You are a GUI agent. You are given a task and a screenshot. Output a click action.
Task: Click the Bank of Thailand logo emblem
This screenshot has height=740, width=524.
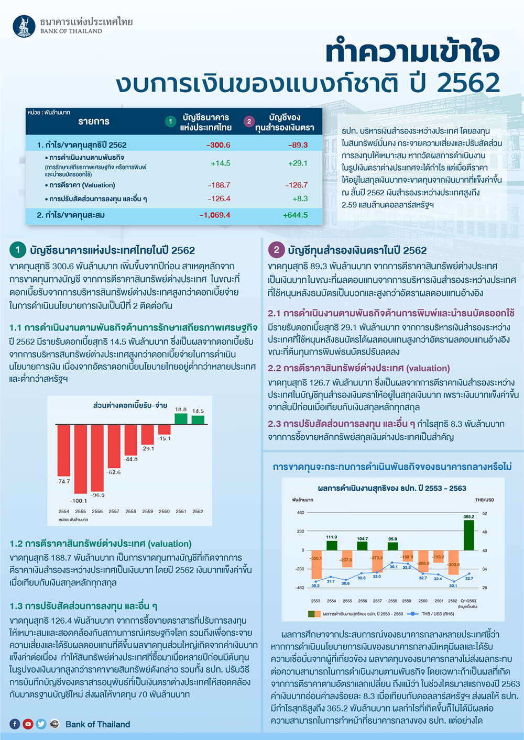24,26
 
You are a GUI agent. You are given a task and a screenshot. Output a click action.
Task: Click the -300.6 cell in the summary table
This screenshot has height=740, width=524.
219,145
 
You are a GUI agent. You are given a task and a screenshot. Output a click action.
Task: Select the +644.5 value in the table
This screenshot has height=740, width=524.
296,215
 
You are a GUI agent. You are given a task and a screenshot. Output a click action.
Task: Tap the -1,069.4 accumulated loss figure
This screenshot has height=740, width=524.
215,215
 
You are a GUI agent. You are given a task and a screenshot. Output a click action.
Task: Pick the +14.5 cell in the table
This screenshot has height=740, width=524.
221,163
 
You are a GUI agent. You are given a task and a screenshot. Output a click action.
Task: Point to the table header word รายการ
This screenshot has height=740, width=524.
94,122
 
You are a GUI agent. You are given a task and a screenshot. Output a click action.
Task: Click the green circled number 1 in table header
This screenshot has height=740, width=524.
170,122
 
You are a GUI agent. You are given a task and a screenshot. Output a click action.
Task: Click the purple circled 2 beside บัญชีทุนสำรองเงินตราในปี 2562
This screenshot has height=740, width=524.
276,250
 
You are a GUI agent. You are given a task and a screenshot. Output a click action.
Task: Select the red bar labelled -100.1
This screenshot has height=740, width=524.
81,459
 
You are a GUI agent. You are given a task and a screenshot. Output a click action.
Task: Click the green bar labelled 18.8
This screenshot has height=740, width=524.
181,418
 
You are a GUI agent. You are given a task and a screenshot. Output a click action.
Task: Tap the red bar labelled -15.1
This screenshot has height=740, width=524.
164,429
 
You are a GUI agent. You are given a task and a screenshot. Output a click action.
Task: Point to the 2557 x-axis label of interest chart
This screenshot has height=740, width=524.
114,511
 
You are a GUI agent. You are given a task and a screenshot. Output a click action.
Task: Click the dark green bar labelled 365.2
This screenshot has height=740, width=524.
469,535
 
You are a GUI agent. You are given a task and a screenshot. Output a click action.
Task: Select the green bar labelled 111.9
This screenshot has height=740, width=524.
332,545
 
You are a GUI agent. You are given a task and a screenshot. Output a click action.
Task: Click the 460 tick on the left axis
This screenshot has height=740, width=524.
301,513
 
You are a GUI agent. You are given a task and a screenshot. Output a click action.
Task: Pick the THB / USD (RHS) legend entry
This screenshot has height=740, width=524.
437,614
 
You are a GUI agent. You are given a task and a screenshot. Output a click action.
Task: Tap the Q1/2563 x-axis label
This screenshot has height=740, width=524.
468,601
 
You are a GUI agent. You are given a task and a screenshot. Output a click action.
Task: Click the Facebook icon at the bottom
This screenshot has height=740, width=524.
15,724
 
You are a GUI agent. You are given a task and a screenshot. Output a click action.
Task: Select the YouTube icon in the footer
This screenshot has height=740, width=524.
28,724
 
